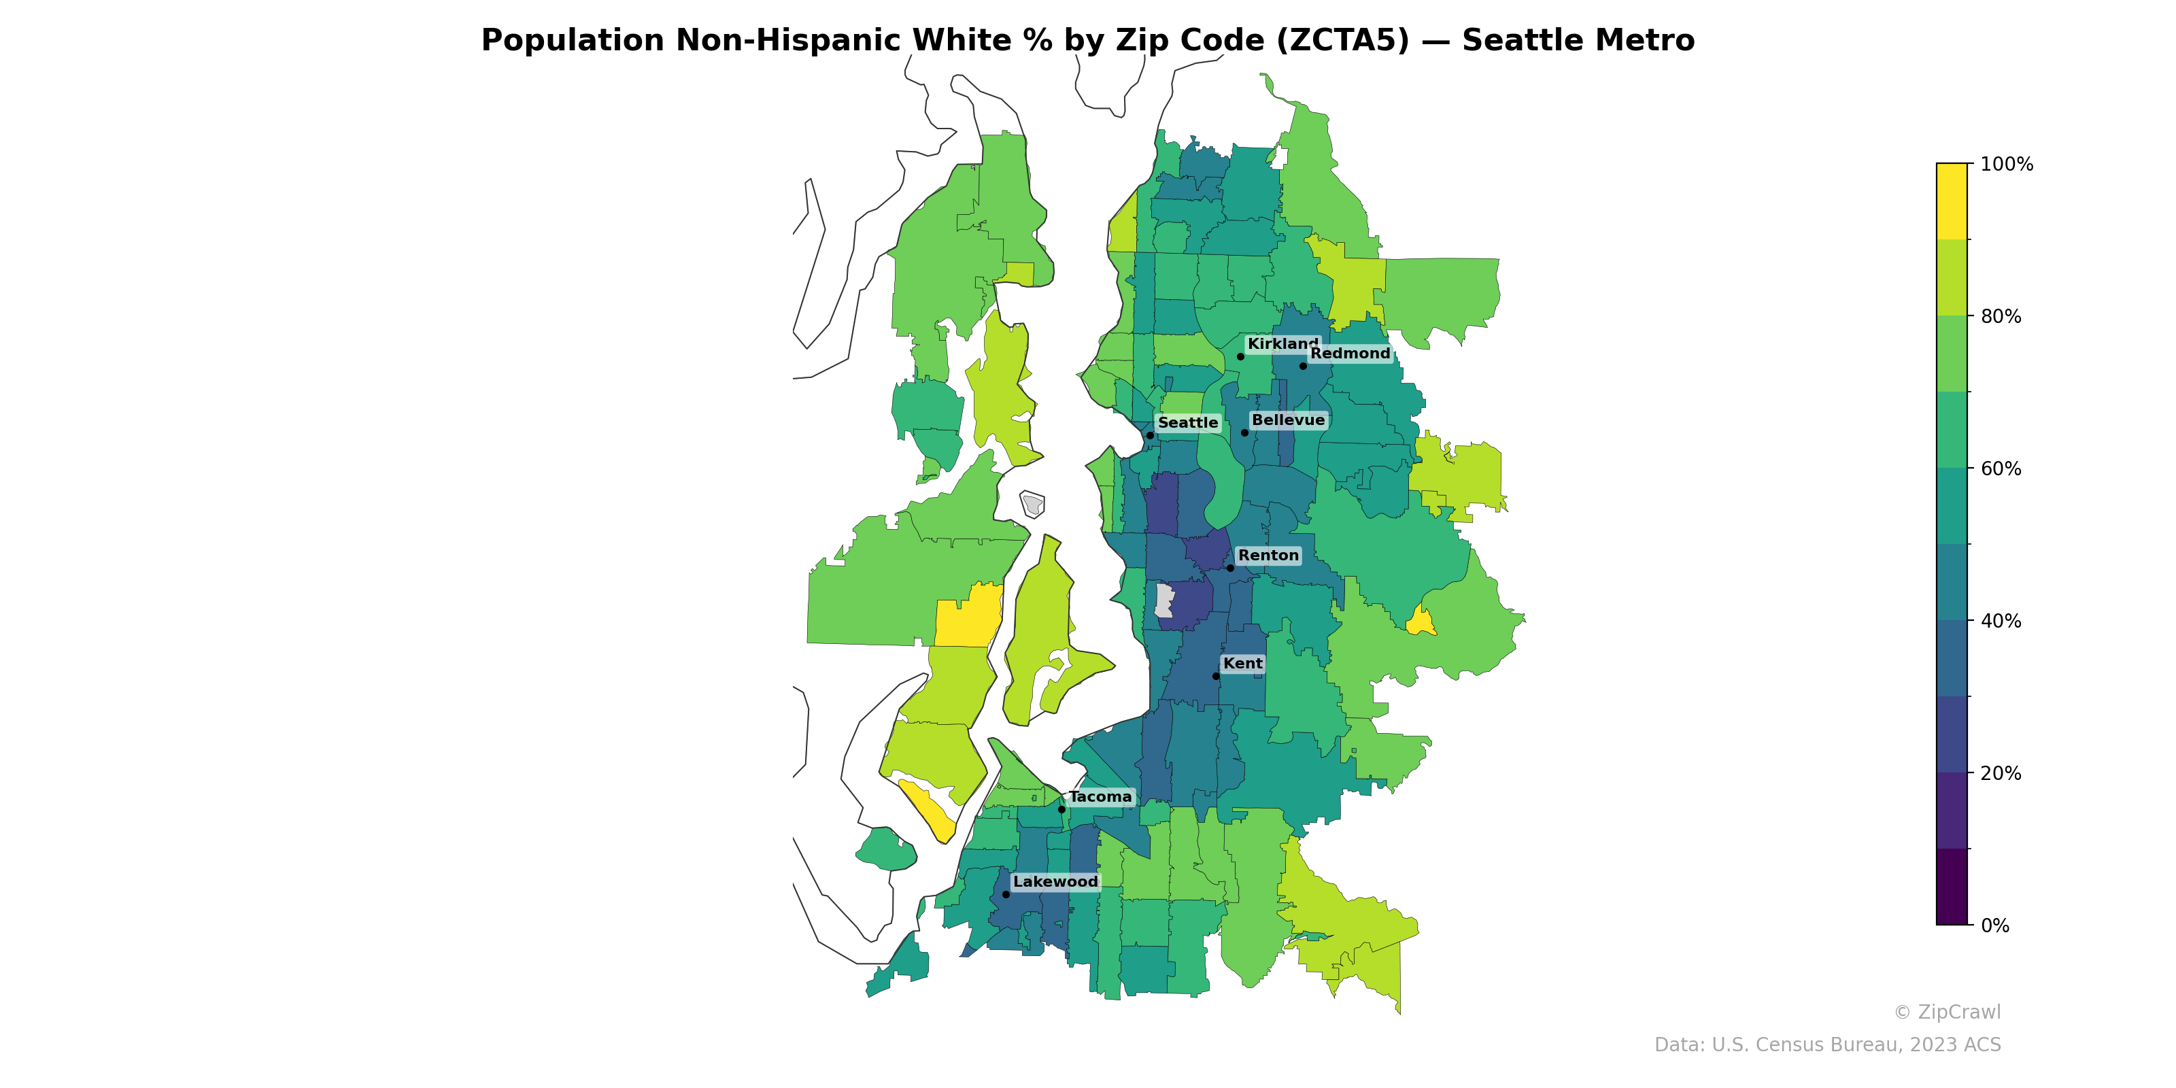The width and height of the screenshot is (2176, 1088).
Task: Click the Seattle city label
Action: click(1188, 423)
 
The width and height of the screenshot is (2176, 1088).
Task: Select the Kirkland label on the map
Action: click(1281, 344)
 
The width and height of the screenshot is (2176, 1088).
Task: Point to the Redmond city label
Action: click(1350, 354)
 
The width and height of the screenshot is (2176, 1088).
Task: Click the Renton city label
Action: click(1268, 556)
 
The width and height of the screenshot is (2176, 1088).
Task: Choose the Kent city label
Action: click(1242, 664)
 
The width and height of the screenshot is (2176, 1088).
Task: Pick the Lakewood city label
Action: click(1055, 882)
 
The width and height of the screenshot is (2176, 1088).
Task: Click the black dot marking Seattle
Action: click(1150, 436)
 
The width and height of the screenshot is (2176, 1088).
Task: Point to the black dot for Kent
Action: click(1217, 677)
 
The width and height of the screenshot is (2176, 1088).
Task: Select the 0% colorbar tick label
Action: click(1994, 925)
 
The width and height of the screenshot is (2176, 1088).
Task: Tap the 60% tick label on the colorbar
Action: click(2001, 469)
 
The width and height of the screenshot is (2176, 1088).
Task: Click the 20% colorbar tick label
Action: click(2001, 774)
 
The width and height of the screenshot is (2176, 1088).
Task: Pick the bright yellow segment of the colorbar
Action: click(1952, 201)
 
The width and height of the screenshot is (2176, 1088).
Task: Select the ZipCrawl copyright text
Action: click(1946, 1012)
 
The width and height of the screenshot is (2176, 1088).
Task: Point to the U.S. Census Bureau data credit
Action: click(1827, 1045)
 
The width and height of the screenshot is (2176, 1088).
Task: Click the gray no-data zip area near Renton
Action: click(1164, 600)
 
